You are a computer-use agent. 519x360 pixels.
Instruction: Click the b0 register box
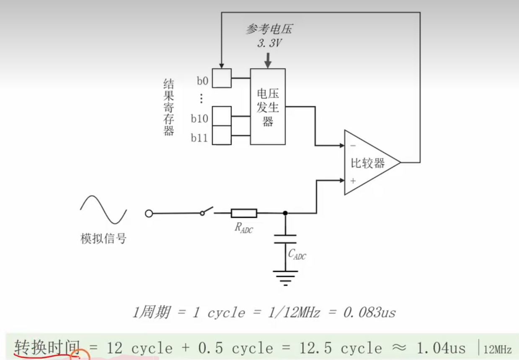tap(222, 78)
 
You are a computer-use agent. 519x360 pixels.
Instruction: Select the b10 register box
tap(222, 116)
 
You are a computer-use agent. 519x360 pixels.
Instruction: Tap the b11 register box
tap(222, 135)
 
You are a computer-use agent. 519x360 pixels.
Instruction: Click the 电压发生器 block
tap(268, 106)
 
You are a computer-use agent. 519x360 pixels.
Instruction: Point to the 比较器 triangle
tap(369, 163)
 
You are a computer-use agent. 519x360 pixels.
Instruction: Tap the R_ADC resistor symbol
tap(243, 213)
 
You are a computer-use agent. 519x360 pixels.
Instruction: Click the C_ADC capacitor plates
tap(285, 239)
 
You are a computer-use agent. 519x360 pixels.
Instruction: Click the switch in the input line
tap(207, 211)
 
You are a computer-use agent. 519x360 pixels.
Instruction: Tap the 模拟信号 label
tap(103, 239)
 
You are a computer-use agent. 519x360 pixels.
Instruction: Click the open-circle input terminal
tap(149, 214)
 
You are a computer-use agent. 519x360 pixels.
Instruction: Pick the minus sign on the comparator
tap(353, 146)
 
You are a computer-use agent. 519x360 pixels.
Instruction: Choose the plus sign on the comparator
tap(353, 181)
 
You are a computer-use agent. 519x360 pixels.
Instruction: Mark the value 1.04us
tap(441, 348)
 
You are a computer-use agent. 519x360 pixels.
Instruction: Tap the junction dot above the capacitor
tap(285, 213)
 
